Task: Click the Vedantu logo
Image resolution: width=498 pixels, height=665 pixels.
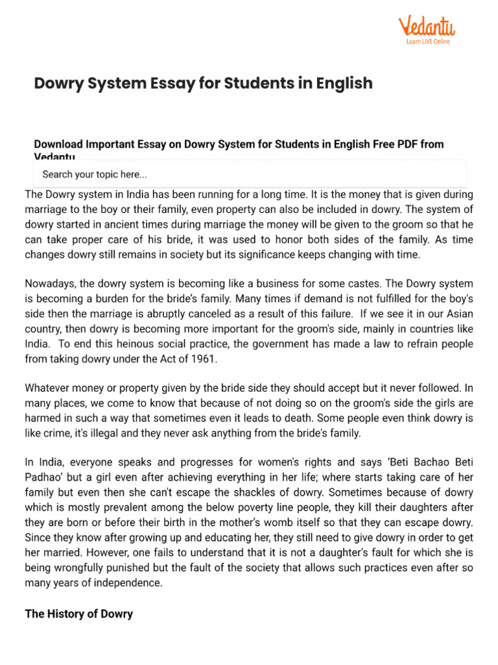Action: (426, 27)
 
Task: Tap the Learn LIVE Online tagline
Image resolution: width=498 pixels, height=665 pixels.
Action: (427, 42)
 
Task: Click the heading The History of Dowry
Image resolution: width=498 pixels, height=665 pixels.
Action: (78, 614)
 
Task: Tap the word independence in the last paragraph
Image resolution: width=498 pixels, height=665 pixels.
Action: (124, 582)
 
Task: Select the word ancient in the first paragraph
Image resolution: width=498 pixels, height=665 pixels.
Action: (150, 224)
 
